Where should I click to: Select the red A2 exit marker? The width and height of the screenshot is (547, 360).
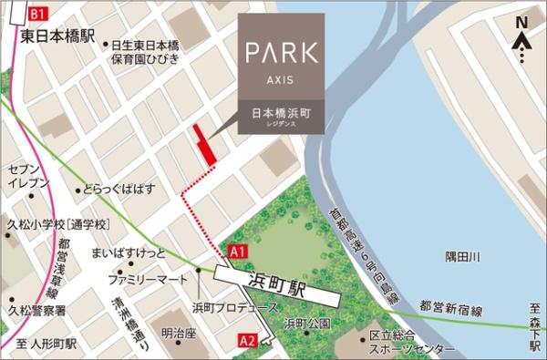pos(247,340)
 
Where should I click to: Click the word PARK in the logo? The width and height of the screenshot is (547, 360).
pos(281,52)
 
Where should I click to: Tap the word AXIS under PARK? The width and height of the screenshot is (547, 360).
pos(281,80)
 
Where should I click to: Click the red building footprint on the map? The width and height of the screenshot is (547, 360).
pos(204,146)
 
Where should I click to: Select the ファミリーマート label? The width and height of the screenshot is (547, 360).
pos(147,275)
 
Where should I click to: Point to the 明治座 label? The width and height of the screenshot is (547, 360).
pos(180,333)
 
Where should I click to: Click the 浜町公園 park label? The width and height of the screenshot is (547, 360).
pos(305,324)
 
